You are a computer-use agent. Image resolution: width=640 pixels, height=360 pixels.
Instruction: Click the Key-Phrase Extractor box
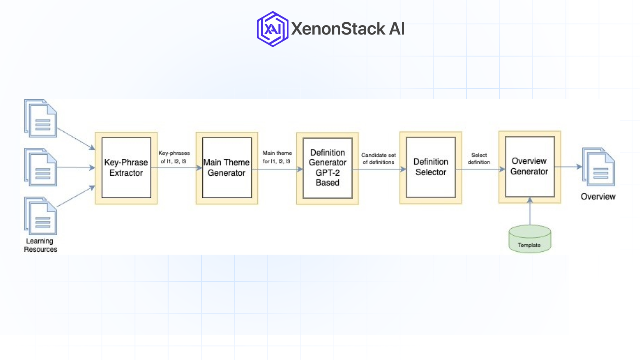coord(126,168)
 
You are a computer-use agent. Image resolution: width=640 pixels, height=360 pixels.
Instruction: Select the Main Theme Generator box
coord(227,168)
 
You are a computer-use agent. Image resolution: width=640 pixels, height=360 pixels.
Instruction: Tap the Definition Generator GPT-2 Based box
coord(327,168)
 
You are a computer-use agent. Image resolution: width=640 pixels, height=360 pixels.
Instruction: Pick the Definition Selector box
coord(431,167)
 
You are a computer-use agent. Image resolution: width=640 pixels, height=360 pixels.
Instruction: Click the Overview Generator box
coord(529,167)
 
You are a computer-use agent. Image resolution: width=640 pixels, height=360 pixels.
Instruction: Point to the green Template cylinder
coord(529,239)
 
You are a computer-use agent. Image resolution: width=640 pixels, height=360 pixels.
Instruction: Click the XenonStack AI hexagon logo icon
coord(273,29)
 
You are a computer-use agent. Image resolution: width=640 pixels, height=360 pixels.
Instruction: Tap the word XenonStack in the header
coord(338,29)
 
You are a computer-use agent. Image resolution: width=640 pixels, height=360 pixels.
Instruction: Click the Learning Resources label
coord(40,245)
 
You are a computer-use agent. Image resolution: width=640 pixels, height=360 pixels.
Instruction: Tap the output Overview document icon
coord(598,167)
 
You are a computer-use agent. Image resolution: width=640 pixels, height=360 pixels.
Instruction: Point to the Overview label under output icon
coord(598,197)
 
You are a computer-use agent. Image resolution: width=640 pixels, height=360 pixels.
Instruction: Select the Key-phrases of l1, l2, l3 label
coord(174,157)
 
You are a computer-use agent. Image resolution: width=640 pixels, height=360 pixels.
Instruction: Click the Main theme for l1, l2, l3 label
coord(277,157)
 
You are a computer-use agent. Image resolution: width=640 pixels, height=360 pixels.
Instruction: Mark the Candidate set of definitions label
coord(378,159)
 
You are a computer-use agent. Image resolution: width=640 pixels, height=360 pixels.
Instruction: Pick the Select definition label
coord(479,159)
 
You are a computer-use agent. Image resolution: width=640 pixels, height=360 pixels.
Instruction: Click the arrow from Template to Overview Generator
coord(530,213)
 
